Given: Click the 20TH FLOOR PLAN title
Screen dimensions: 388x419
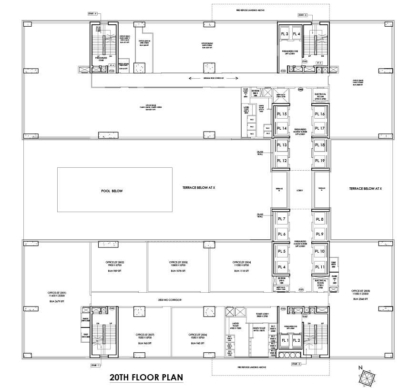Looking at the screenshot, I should point(146,378).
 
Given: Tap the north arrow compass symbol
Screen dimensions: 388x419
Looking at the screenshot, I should point(367,377).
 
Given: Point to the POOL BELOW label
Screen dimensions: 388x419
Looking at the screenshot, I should point(112,191).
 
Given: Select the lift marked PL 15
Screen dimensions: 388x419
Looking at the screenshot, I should point(281,114).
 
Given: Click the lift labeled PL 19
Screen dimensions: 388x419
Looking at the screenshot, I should point(319,161).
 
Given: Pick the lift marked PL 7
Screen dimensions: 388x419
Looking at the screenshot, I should point(281,219).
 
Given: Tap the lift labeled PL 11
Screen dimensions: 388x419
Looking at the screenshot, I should point(319,267).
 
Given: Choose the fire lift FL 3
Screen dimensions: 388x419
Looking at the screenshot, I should point(285,34).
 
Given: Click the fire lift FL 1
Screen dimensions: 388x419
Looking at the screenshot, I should point(285,341).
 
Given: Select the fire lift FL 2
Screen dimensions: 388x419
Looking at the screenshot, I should point(296,341).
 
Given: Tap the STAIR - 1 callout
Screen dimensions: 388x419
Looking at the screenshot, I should point(96,365).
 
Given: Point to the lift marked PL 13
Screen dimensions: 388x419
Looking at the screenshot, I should point(281,145).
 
